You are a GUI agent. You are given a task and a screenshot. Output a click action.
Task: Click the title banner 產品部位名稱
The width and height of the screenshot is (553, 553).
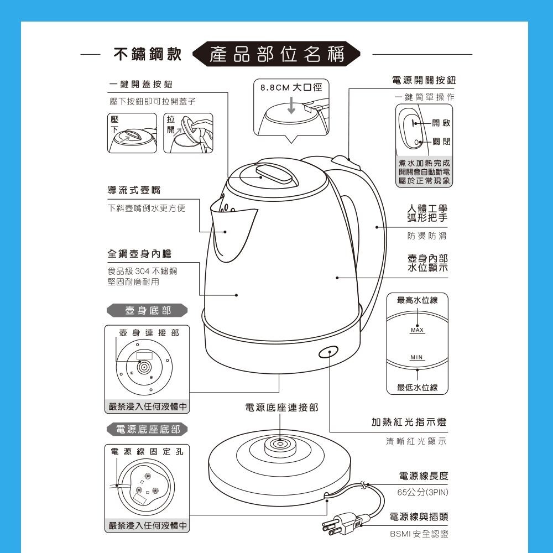click(276, 54)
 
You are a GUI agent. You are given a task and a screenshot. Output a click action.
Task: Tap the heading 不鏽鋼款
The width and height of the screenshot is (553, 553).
click(148, 54)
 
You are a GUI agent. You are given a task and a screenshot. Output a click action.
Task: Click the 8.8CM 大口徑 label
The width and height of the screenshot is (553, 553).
click(291, 87)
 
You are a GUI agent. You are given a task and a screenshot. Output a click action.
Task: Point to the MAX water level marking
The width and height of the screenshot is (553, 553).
click(417, 330)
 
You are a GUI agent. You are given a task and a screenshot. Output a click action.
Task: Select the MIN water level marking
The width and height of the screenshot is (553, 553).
click(416, 357)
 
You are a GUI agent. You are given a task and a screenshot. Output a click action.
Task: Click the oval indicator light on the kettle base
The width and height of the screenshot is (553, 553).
click(328, 352)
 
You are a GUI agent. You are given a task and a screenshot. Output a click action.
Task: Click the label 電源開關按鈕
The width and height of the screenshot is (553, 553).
click(424, 80)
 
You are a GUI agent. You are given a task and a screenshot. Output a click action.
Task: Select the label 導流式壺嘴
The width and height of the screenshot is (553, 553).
click(134, 190)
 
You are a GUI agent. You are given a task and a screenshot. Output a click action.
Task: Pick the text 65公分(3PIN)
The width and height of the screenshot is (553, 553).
click(422, 492)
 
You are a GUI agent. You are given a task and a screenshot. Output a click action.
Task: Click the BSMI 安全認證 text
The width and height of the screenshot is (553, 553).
click(419, 534)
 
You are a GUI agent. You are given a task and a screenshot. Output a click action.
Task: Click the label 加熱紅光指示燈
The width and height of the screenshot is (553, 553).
click(409, 422)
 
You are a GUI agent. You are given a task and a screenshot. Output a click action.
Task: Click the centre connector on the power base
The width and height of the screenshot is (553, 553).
click(280, 444)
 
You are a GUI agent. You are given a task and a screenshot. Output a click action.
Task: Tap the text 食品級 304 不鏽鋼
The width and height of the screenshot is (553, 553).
click(143, 271)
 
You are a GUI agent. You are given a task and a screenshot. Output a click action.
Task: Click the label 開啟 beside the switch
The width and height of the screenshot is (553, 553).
click(441, 123)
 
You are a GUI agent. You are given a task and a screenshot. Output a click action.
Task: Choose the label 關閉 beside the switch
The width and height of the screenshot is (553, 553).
click(441, 142)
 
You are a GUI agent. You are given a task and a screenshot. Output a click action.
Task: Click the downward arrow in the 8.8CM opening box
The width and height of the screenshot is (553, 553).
click(291, 105)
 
